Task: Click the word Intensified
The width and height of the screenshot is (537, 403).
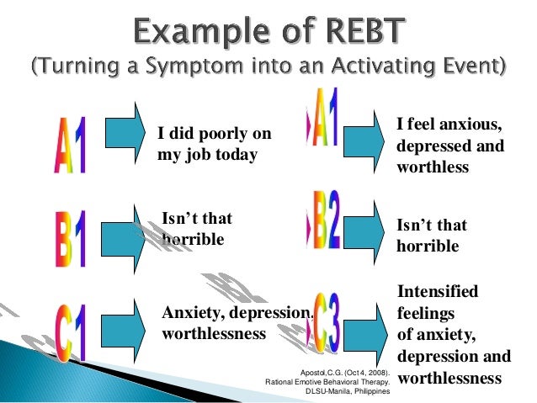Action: [437, 292]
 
